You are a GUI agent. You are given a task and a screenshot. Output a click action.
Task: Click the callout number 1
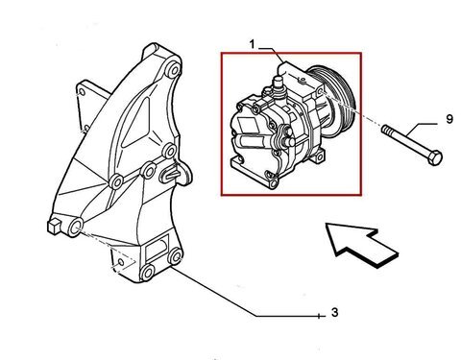coord(253,44)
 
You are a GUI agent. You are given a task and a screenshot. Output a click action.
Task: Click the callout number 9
coord(449,119)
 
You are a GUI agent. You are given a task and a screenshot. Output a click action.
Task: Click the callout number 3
coord(334,312)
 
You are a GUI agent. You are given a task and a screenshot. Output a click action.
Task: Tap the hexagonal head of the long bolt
coord(435,157)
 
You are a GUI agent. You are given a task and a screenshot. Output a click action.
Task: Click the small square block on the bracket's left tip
coord(53,227)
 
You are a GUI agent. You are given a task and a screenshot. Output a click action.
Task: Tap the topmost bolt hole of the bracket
coord(173,70)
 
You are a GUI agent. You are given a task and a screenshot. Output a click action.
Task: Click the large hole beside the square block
coord(75,228)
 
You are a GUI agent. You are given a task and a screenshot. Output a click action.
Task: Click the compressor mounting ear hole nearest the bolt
coord(322,92)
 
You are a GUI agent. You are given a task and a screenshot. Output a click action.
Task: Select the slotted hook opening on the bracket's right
coord(172,174)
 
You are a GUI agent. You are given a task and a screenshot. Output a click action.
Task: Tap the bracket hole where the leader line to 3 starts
coord(176,256)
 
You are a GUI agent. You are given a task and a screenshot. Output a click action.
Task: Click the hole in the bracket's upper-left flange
coord(83,92)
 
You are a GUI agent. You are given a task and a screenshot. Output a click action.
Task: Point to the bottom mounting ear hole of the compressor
coord(273,183)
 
